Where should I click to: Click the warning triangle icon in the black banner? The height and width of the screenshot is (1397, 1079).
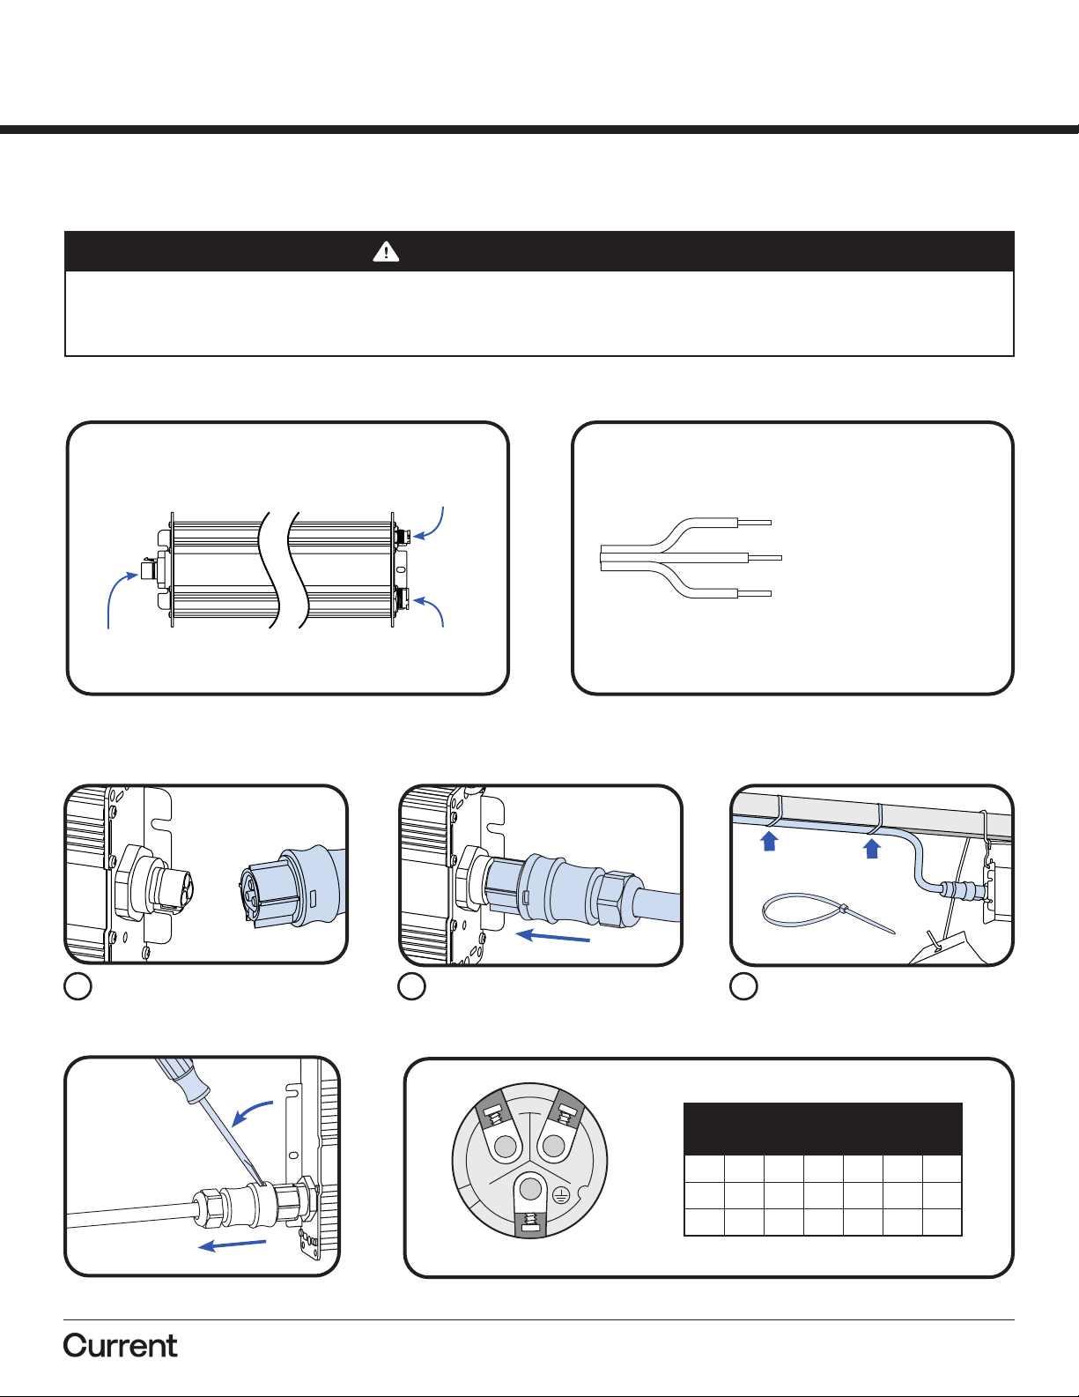coord(386,251)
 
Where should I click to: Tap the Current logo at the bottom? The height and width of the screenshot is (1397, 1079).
coord(120,1346)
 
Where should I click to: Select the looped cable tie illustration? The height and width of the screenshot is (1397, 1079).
coord(829,912)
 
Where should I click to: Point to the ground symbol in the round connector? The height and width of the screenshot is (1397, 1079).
coord(561,1195)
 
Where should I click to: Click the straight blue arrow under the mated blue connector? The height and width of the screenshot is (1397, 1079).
coord(553,936)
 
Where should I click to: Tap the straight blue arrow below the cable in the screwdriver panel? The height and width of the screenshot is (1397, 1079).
coord(232,1245)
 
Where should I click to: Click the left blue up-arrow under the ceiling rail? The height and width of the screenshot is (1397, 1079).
coord(769,840)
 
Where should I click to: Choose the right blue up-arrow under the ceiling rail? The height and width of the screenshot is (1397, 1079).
coord(871,848)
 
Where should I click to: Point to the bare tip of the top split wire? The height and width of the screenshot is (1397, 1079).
coord(771,523)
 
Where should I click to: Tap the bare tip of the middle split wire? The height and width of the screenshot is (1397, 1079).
coord(781,557)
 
